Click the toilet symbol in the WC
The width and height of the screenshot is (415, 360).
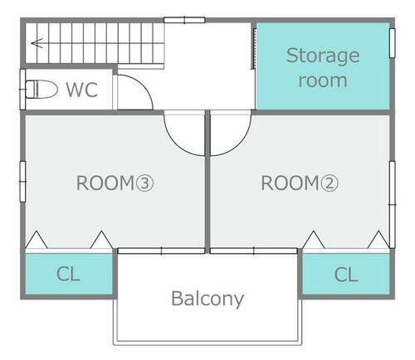(x=41, y=89)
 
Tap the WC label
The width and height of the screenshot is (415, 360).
(x=82, y=90)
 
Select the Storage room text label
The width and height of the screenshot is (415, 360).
(x=323, y=67)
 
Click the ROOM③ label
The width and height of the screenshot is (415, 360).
(x=115, y=183)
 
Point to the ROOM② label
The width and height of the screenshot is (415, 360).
(x=300, y=183)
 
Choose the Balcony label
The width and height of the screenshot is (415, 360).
(x=207, y=299)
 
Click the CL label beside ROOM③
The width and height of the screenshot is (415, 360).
(x=68, y=274)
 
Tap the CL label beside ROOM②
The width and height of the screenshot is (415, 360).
(x=346, y=275)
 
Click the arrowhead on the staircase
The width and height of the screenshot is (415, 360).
(x=37, y=43)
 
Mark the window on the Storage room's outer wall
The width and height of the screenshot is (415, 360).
(x=392, y=43)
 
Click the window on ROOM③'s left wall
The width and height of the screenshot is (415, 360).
(x=22, y=182)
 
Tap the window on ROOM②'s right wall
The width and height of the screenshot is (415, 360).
(x=392, y=205)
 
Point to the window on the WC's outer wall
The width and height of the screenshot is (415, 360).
(x=22, y=90)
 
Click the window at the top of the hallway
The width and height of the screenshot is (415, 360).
(x=184, y=20)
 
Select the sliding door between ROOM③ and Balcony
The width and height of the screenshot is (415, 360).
(x=161, y=251)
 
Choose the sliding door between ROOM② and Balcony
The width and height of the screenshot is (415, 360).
(x=254, y=251)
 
